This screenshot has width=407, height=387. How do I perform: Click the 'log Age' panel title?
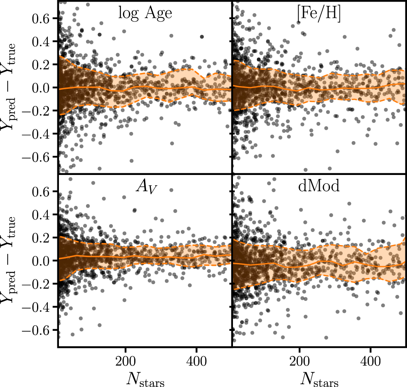[x=145, y=13]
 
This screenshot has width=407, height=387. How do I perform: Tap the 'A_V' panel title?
[x=145, y=187]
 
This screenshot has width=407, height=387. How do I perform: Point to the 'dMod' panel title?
[x=319, y=186]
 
